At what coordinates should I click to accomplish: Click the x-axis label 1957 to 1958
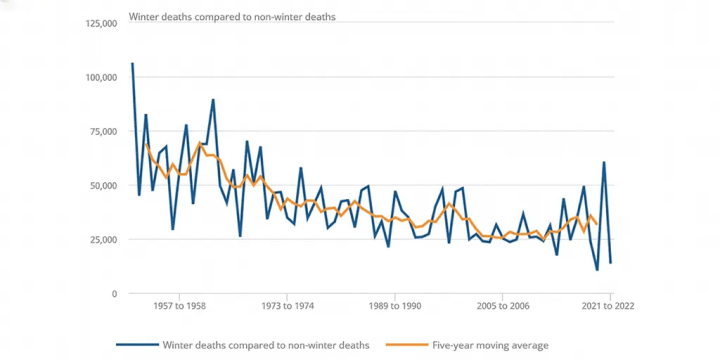(179, 306)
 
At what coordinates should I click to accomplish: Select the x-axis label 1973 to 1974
(287, 306)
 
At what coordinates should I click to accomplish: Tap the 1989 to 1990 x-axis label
(395, 306)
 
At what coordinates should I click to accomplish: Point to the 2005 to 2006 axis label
(503, 306)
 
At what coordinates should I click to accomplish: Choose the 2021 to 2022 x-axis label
(610, 306)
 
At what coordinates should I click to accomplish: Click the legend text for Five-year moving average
(490, 345)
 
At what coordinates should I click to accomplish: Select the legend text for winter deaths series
(265, 345)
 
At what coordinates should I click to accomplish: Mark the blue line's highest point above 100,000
(132, 64)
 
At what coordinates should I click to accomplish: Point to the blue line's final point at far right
(610, 263)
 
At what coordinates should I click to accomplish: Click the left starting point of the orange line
(146, 144)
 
